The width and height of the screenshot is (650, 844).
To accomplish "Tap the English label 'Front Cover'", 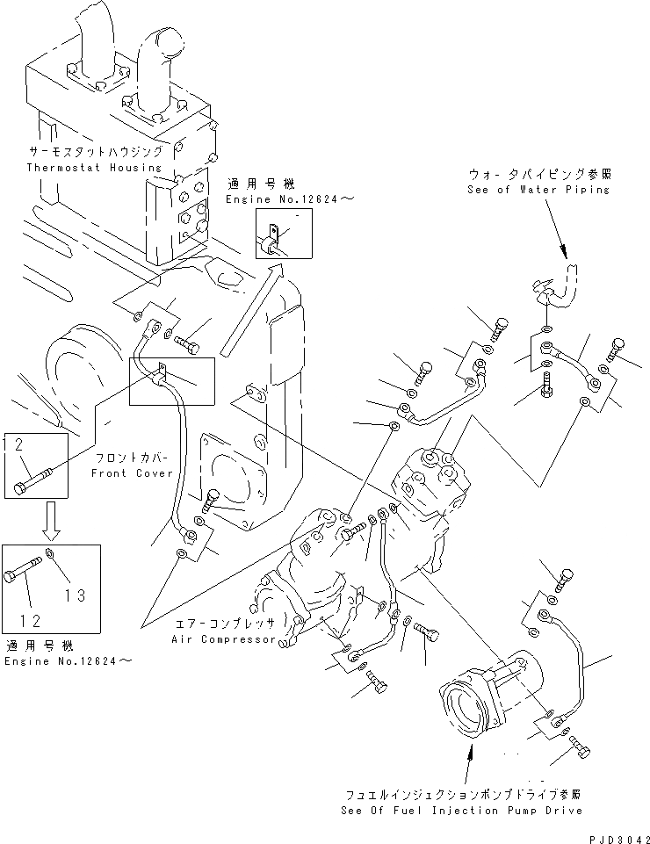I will [132, 473].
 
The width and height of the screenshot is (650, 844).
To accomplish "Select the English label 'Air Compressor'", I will [223, 639].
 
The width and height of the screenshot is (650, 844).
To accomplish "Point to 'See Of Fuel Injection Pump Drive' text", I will [461, 810].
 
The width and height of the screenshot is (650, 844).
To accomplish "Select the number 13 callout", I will [75, 595].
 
